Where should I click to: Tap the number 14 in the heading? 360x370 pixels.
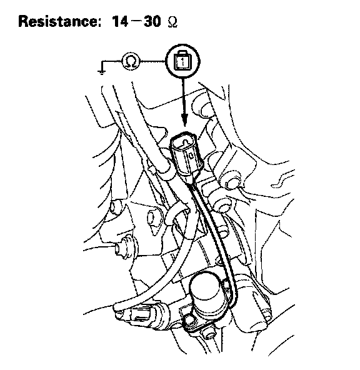point(120,21)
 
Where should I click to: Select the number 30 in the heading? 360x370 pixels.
point(152,21)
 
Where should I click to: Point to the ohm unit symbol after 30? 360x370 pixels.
point(172,22)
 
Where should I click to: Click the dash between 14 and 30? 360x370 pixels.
point(136,21)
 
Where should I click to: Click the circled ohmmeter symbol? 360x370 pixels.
point(131,61)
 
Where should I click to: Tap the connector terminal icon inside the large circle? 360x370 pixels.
point(182,61)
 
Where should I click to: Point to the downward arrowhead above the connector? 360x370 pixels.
point(184,120)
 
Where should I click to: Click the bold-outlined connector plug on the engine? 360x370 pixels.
point(186,156)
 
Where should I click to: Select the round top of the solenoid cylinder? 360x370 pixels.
point(205,286)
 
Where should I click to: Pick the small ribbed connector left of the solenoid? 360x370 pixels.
point(141,314)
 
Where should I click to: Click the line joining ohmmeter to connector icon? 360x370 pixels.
point(153,61)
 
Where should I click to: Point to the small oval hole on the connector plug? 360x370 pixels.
point(191,156)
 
